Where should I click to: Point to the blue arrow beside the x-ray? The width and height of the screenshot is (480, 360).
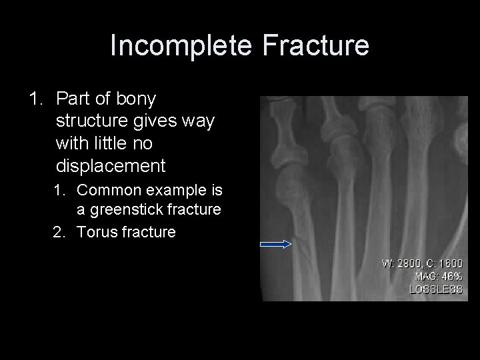click(275, 245)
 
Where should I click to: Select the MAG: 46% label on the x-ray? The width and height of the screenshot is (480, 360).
click(438, 276)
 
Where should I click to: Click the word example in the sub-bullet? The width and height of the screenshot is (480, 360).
click(173, 191)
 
